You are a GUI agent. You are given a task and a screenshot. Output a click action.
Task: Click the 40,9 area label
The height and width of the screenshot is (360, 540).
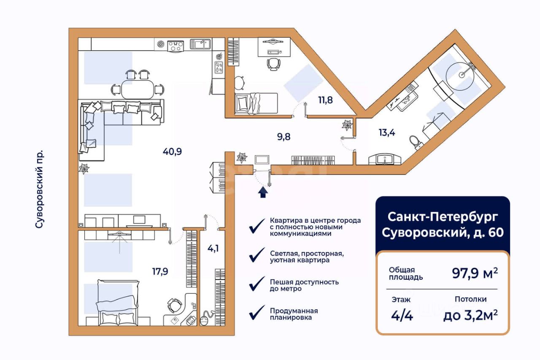[x=172, y=152]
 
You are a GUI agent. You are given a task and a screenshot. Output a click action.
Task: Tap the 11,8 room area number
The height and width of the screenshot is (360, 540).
[x=325, y=100]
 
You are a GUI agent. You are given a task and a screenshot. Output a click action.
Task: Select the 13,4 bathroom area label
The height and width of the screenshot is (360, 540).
[x=387, y=133]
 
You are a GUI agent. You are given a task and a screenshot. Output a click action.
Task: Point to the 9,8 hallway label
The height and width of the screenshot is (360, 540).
[x=284, y=137]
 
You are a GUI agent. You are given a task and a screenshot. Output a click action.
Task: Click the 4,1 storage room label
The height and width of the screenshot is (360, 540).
[x=213, y=248]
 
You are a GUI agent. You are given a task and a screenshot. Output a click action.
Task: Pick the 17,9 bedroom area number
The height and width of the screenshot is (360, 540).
[x=160, y=271]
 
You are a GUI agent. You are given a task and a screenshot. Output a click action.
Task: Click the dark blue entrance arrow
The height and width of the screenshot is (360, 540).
[x=263, y=192]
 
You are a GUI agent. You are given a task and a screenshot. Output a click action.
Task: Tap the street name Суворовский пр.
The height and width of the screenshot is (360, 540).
[x=39, y=189]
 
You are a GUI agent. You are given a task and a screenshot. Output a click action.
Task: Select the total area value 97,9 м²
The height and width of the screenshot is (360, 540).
[x=475, y=273]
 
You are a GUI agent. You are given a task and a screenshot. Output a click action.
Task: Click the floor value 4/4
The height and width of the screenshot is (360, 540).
[x=402, y=315]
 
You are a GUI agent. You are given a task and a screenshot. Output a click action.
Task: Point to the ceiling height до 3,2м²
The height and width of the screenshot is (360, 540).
[x=470, y=315]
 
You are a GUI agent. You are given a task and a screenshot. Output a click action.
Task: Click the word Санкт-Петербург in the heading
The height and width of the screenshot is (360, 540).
[x=443, y=217]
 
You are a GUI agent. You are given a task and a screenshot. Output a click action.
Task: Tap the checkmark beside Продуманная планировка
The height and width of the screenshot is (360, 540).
[x=257, y=312]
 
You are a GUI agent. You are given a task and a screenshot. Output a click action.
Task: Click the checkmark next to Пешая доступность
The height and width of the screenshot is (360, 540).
[x=257, y=284]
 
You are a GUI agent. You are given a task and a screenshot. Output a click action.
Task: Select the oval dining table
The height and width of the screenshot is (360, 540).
[x=138, y=89]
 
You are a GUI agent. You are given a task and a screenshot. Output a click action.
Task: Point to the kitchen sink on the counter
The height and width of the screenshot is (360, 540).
[x=200, y=44]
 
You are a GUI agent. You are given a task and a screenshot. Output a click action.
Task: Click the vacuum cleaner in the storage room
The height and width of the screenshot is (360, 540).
[x=206, y=318]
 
